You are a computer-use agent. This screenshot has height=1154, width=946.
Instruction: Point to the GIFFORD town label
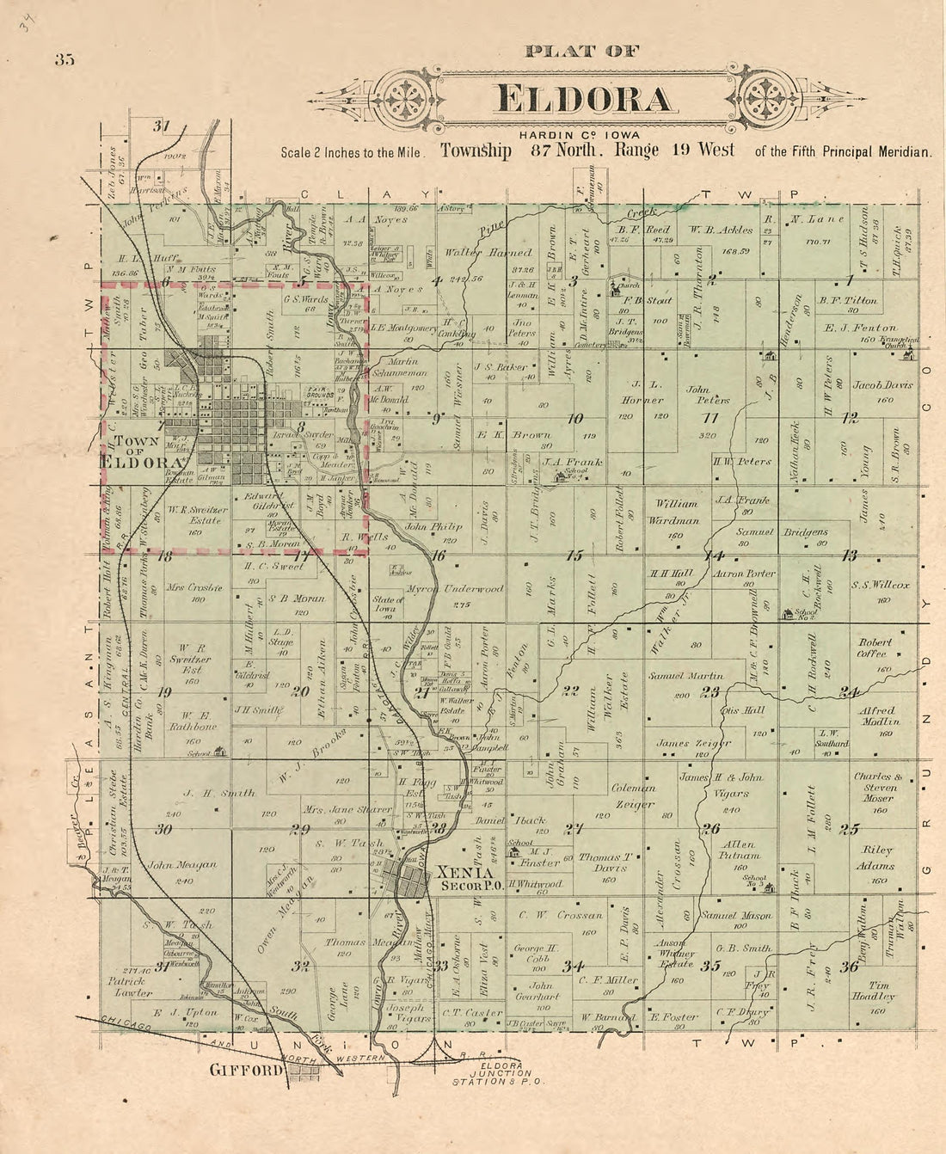(248, 1071)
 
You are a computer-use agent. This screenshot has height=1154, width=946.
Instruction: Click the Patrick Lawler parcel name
(130, 985)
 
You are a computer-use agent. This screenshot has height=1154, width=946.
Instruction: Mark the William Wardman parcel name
(678, 512)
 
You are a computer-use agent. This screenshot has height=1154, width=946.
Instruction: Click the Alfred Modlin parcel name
(876, 716)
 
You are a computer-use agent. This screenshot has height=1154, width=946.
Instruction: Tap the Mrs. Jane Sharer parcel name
(335, 810)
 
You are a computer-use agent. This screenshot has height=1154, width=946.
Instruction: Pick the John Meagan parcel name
(182, 866)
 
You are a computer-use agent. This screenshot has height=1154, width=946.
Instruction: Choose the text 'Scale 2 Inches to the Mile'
(351, 152)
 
